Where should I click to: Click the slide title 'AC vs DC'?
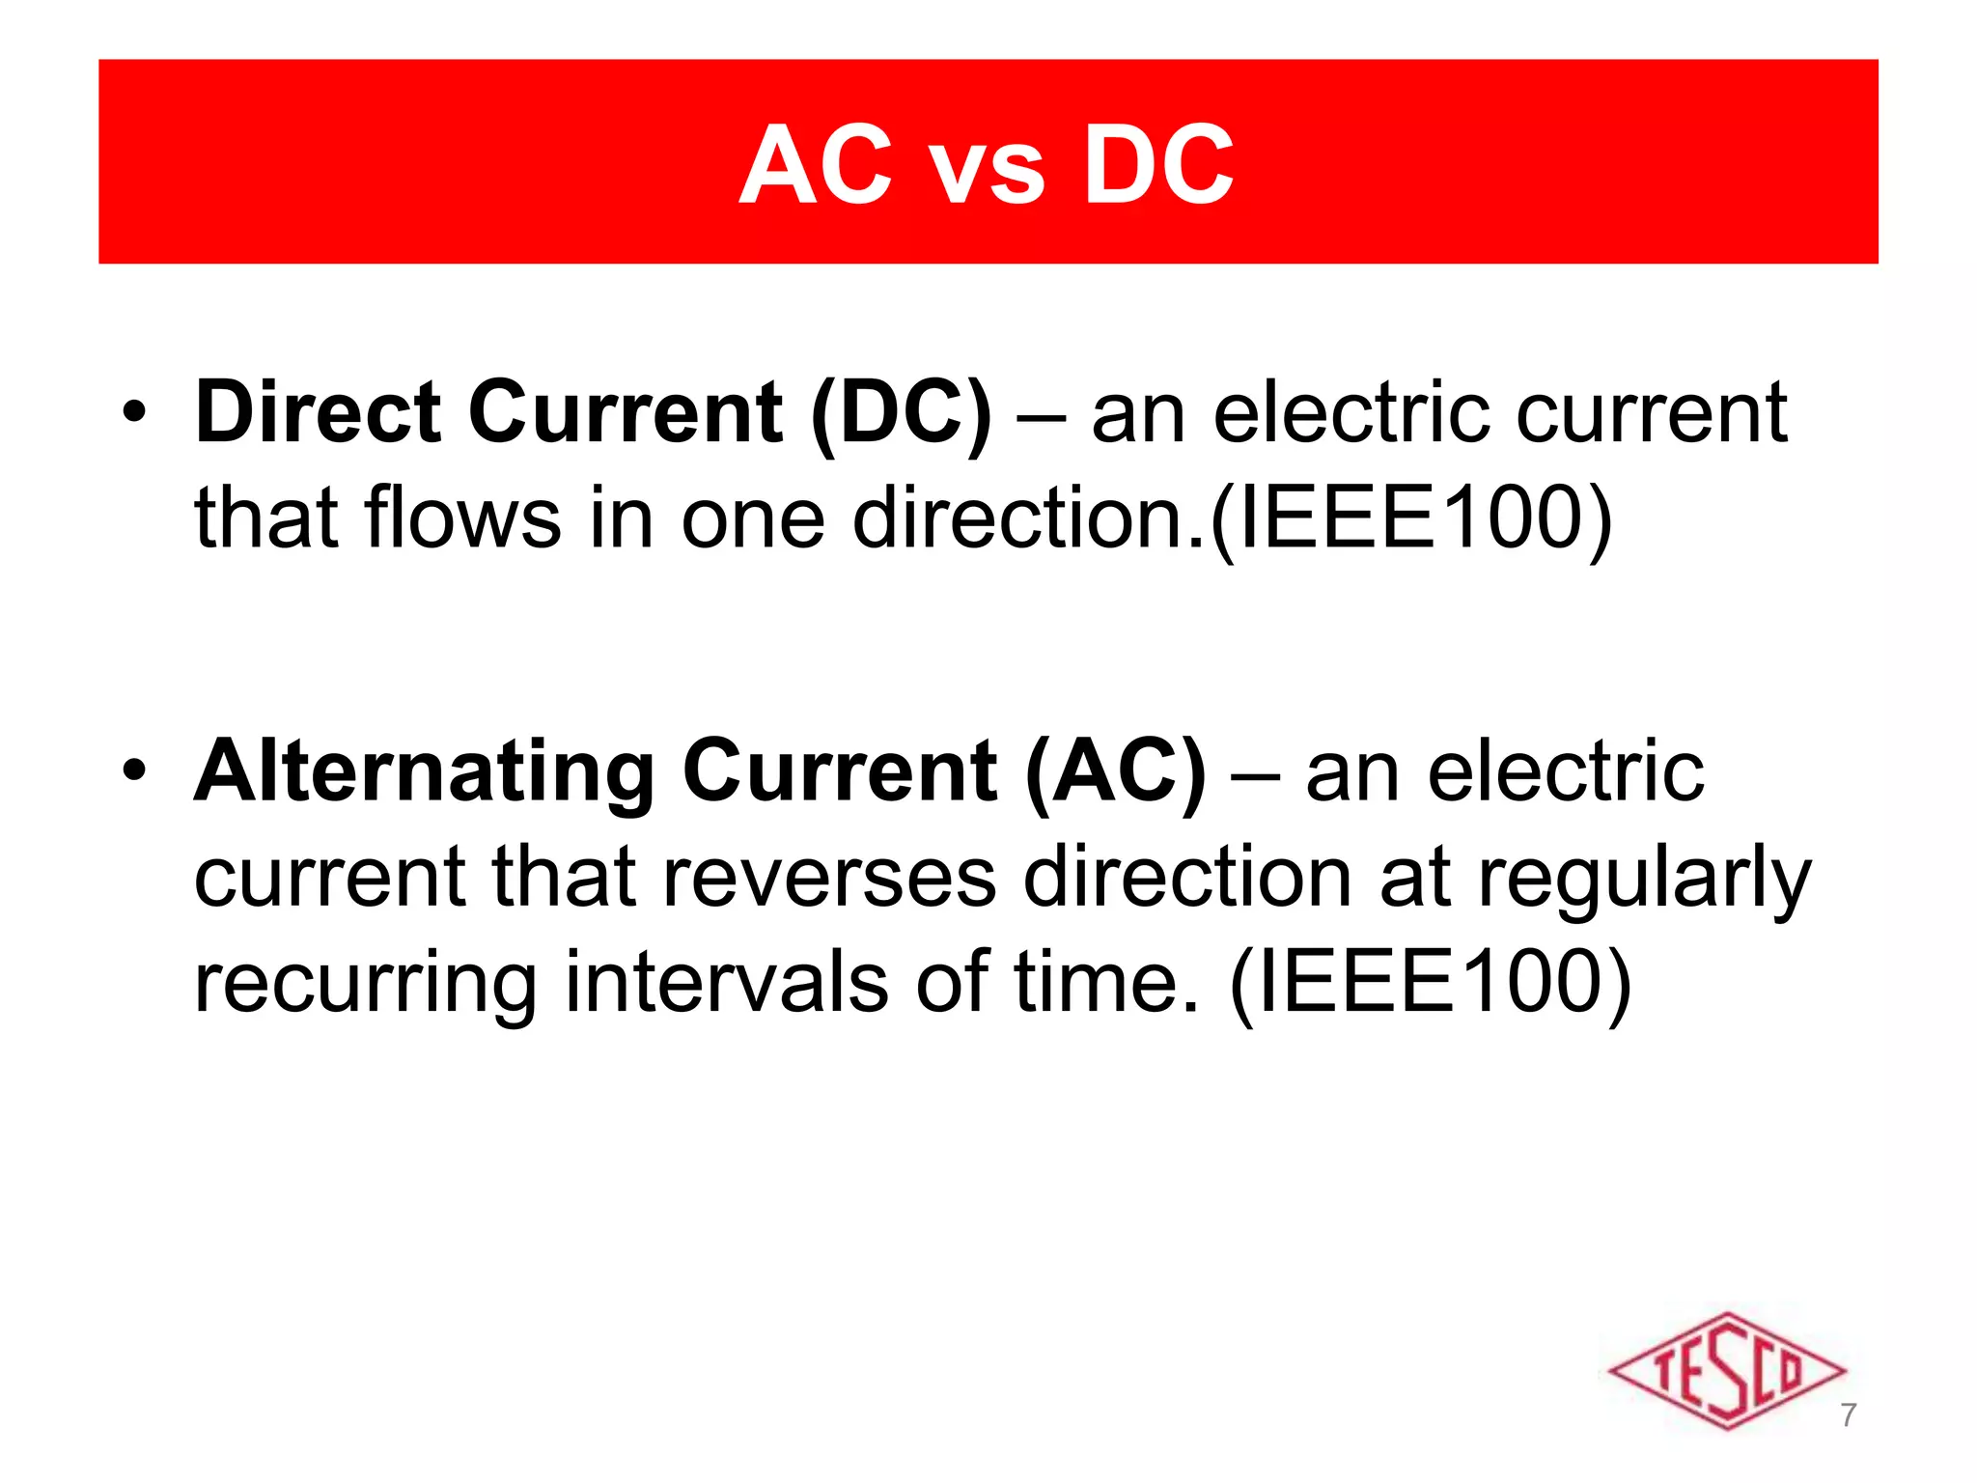pyautogui.click(x=987, y=166)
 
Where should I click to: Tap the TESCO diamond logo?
pyautogui.click(x=1726, y=1369)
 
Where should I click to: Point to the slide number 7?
pyautogui.click(x=1848, y=1414)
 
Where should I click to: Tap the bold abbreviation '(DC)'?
pyautogui.click(x=901, y=415)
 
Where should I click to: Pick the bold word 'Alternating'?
pyautogui.click(x=425, y=771)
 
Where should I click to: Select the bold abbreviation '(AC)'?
pyautogui.click(x=1115, y=773)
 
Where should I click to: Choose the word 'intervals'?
pyautogui.click(x=727, y=982)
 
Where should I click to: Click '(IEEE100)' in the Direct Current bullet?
pyautogui.click(x=1410, y=520)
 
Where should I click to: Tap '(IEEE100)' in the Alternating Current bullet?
pyautogui.click(x=1430, y=984)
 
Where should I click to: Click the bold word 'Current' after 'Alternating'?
pyautogui.click(x=839, y=771)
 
